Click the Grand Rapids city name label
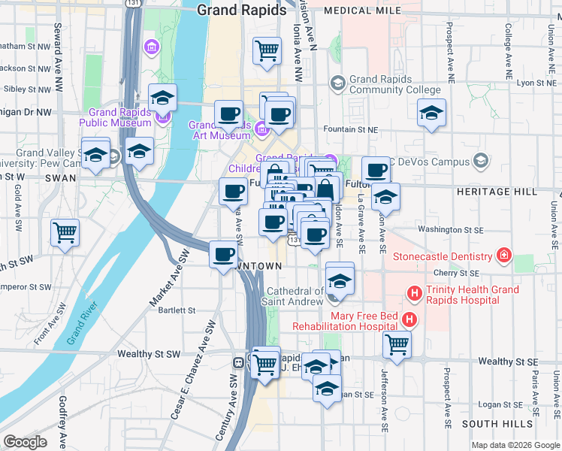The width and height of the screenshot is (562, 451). coord(241,11)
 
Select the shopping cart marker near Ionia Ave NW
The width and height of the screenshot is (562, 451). coord(267,51)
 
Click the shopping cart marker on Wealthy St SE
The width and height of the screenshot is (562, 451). coord(397,346)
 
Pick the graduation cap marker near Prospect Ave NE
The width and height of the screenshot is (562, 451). coord(431,113)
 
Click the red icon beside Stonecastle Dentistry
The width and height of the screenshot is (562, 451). coord(503,256)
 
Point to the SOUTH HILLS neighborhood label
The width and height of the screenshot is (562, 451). coord(491,425)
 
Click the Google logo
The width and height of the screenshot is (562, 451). coord(25,442)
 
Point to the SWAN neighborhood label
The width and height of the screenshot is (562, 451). coord(60,178)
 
